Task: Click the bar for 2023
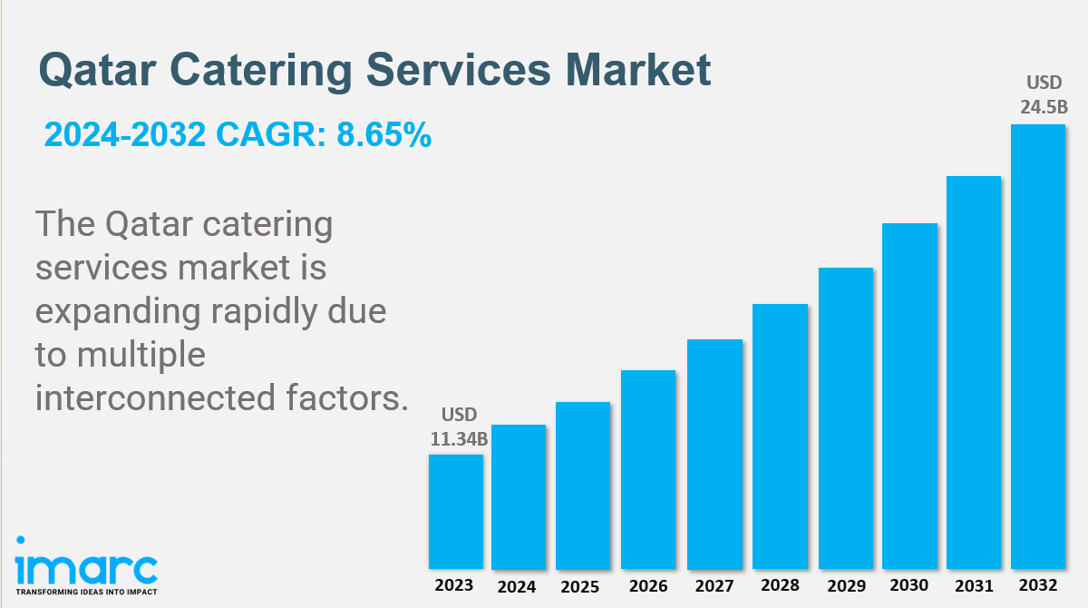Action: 455,511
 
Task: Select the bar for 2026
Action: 648,469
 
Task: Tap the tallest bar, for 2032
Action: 1038,347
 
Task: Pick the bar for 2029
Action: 846,418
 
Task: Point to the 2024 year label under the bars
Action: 516,586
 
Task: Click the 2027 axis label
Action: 714,585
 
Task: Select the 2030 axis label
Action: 908,584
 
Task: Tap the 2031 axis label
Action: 974,585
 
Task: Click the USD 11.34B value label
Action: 459,427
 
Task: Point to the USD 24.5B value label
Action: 1044,94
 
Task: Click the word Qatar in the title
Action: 97,71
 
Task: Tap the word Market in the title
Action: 638,70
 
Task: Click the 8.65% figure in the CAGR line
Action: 384,134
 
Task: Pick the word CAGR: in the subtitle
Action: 271,134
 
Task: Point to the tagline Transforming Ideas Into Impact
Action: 86,592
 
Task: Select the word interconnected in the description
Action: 155,397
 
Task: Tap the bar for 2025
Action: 583,485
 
